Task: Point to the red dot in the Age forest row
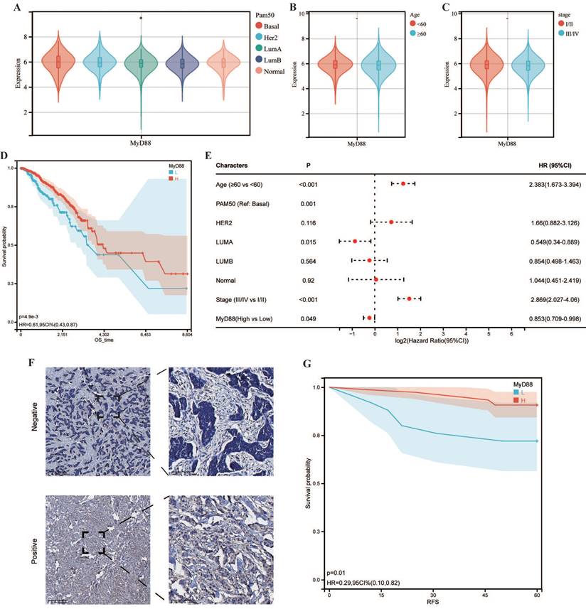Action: pos(403,183)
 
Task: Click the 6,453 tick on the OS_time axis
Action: pos(146,333)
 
